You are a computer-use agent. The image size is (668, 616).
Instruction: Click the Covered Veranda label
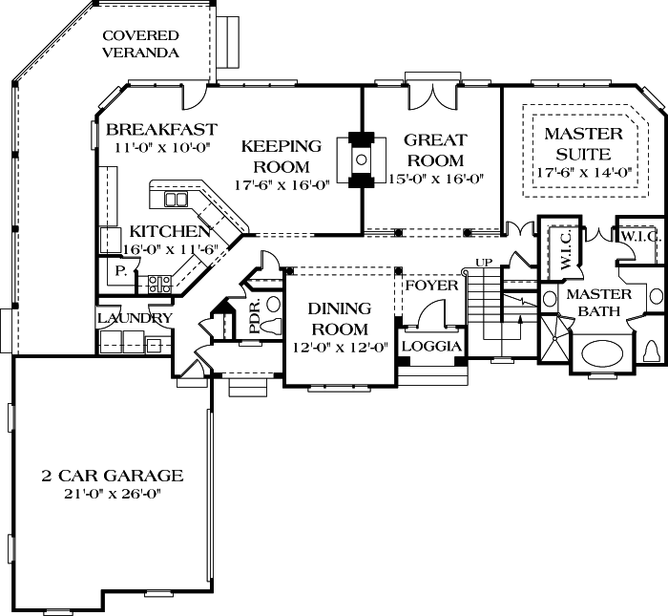click(140, 44)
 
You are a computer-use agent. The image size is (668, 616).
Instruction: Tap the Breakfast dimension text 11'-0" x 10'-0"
click(163, 147)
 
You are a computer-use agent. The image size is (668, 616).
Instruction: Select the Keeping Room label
click(282, 157)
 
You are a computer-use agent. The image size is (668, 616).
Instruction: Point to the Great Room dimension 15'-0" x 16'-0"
click(437, 179)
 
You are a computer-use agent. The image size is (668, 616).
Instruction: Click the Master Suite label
click(584, 143)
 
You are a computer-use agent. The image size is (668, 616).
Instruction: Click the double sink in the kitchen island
click(176, 200)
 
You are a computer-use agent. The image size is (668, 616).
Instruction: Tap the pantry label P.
click(121, 271)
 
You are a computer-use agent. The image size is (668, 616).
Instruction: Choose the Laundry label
click(135, 318)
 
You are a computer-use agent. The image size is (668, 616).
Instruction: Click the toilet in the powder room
click(270, 326)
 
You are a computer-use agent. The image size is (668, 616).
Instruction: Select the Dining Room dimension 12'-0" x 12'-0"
click(340, 348)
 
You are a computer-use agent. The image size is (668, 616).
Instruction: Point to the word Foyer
click(431, 286)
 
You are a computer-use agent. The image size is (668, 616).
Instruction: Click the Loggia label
click(431, 346)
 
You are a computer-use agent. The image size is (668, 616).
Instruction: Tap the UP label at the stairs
click(484, 263)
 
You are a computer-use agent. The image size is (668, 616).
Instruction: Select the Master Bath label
click(599, 303)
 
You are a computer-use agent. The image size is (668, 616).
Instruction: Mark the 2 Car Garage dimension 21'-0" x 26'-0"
click(113, 494)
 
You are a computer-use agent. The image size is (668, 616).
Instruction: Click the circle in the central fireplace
click(362, 159)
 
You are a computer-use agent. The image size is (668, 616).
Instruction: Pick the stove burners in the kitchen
click(159, 285)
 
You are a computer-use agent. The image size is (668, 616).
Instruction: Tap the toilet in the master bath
click(651, 351)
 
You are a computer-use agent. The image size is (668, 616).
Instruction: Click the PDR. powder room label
click(255, 318)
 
